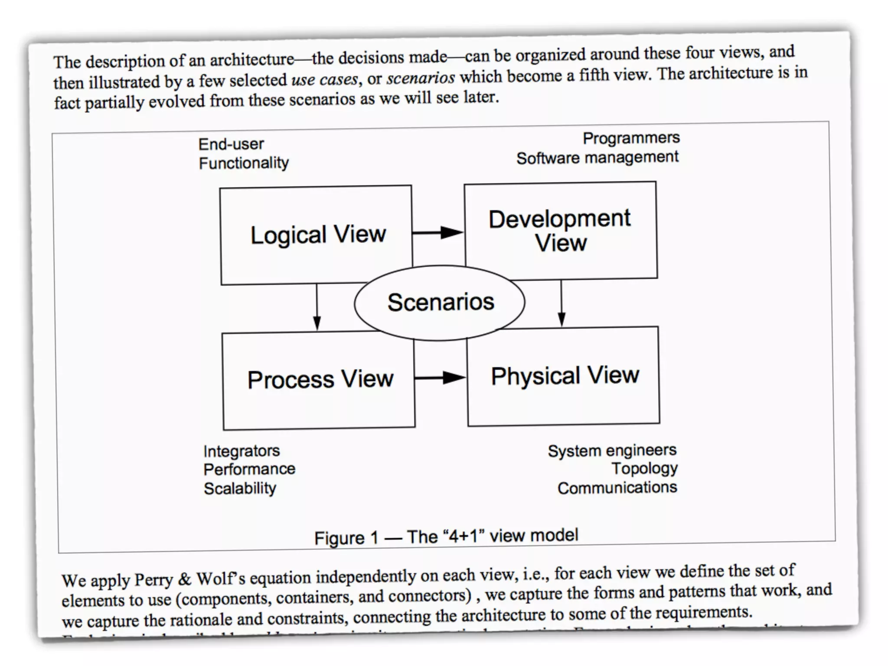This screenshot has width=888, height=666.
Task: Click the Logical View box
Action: click(317, 235)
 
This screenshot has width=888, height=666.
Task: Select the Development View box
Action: click(560, 230)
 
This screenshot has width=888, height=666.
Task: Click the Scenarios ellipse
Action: click(440, 302)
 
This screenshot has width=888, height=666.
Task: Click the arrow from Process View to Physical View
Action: click(440, 378)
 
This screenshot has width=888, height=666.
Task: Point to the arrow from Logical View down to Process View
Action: click(317, 308)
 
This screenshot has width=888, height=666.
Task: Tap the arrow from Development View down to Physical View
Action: click(562, 303)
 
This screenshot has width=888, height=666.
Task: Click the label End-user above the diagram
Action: click(231, 144)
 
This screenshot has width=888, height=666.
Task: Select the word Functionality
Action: click(244, 163)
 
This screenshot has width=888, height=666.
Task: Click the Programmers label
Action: click(631, 138)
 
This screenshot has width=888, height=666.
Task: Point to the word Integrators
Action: click(242, 451)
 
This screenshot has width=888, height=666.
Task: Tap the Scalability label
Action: click(240, 489)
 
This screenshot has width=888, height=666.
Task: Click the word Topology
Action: click(644, 469)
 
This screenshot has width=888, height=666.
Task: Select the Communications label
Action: click(617, 488)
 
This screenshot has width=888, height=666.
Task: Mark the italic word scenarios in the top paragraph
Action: click(421, 78)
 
